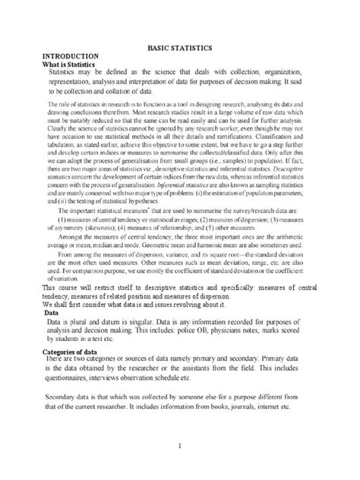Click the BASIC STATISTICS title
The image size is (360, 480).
pyautogui.click(x=179, y=48)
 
